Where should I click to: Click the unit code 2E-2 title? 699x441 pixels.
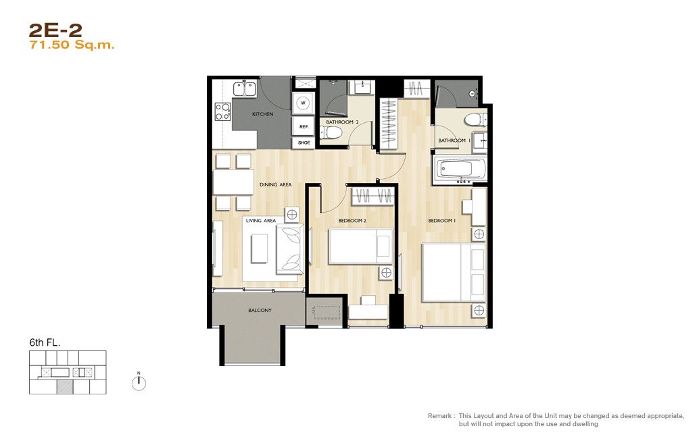(55, 30)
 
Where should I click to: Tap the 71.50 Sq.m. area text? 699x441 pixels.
(72, 45)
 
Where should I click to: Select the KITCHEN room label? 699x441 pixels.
(262, 115)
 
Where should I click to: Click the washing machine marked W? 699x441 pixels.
(303, 103)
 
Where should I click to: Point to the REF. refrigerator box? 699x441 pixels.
(304, 126)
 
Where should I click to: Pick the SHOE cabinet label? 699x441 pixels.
(304, 143)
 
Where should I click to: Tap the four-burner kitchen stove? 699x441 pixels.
(222, 111)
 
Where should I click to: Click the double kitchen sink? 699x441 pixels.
(244, 88)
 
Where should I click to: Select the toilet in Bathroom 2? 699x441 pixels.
(331, 132)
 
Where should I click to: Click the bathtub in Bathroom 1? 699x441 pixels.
(459, 170)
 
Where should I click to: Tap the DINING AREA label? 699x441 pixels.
(276, 184)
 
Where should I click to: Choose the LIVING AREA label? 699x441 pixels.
(261, 220)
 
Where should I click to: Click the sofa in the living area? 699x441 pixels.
(290, 249)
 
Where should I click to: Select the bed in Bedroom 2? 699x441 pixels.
(360, 247)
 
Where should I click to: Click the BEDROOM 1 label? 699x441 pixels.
(442, 220)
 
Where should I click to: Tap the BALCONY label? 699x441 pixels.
(260, 311)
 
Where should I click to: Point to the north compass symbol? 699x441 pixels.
(139, 382)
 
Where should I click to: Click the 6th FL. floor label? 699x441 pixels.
(45, 342)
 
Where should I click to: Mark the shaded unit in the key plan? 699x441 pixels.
(65, 387)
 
